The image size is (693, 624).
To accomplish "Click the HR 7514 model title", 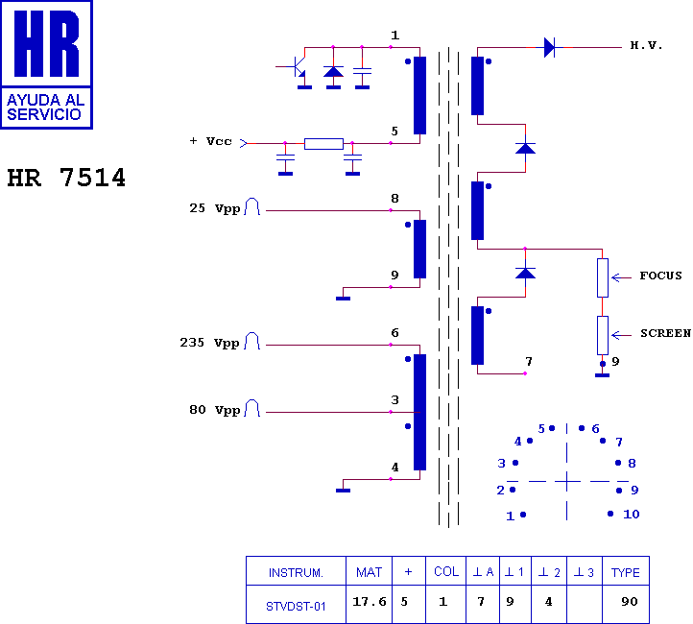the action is tap(66, 178).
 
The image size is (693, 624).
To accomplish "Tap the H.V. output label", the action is tap(646, 45).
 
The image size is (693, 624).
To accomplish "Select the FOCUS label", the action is tap(660, 276).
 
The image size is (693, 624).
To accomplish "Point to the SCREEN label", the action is tap(665, 333).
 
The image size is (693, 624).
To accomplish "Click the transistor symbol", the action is tap(297, 67).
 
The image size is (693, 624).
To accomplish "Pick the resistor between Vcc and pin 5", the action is tap(323, 144).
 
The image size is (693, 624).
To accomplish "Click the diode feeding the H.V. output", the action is tap(549, 47).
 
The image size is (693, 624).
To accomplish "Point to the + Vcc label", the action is tap(210, 141).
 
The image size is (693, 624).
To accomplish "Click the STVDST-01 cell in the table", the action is tap(296, 607).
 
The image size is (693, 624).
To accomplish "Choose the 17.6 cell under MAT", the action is tap(369, 602).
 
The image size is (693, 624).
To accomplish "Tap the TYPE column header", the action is tap(626, 573).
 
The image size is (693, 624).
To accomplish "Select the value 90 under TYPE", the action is tap(630, 602).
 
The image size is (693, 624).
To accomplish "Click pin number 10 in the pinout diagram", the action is tap(632, 515).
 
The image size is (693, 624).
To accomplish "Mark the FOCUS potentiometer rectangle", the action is tap(603, 278).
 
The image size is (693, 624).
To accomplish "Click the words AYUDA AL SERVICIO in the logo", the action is tap(45, 107).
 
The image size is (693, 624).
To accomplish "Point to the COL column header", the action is tap(446, 572).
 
